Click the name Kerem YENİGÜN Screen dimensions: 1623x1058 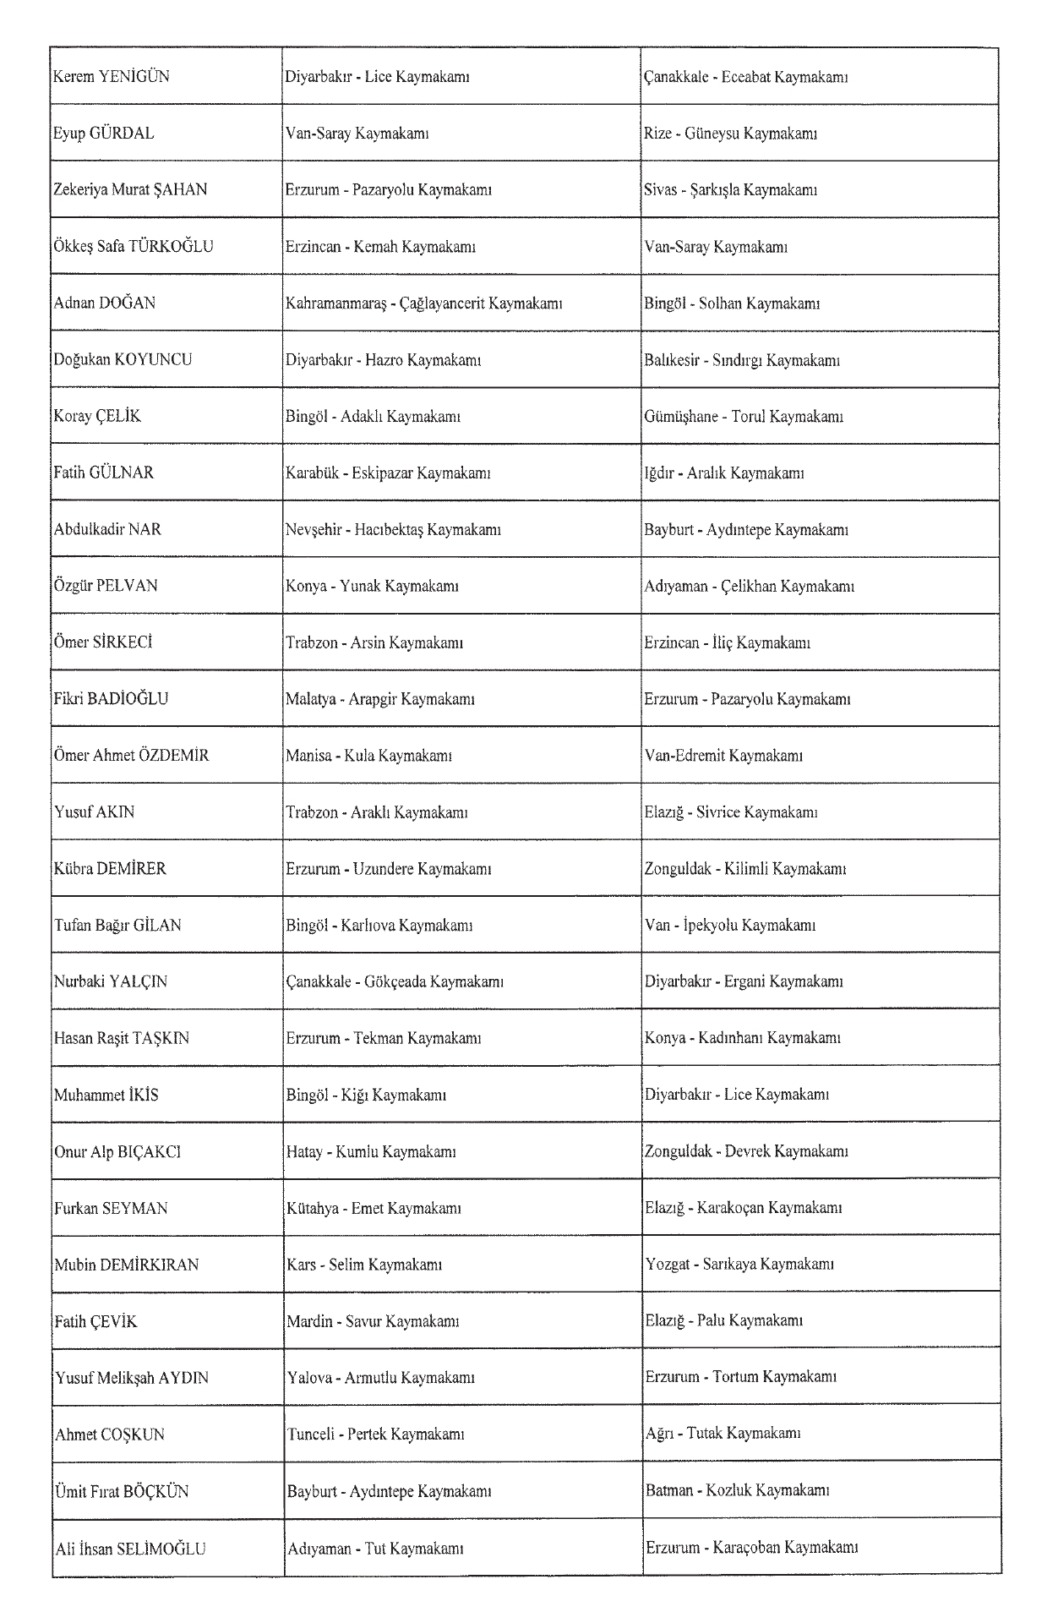point(112,77)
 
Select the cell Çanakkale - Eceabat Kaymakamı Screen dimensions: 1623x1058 point(745,77)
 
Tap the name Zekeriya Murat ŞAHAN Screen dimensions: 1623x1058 point(130,190)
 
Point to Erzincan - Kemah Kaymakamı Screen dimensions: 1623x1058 point(380,247)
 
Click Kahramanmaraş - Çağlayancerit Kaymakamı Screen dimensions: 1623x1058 point(423,303)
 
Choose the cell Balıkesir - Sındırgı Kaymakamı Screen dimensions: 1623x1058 point(741,360)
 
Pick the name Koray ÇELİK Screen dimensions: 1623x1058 point(97,417)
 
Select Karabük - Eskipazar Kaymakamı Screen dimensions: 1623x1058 point(388,473)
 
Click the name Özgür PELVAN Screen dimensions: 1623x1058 point(106,586)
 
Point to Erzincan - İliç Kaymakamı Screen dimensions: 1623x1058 point(727,642)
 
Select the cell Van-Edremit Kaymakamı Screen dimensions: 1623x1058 point(723,756)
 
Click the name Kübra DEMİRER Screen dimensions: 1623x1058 point(110,869)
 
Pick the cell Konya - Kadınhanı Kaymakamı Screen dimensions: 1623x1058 point(742,1038)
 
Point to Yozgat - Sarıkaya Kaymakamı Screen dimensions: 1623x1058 point(739,1265)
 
